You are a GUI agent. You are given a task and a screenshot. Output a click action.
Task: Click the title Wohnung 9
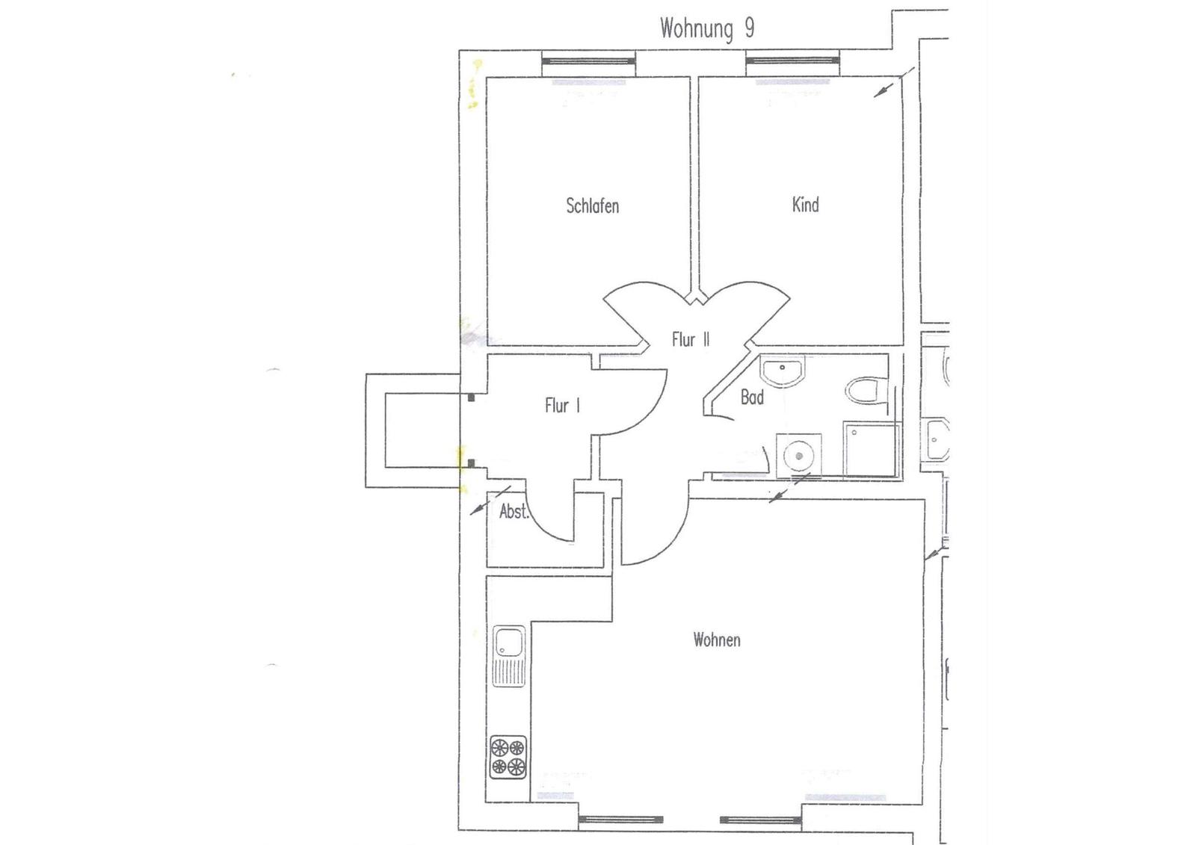click(707, 28)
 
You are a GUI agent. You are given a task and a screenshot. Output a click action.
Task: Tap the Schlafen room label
click(593, 206)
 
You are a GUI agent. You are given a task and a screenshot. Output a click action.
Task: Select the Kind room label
click(805, 205)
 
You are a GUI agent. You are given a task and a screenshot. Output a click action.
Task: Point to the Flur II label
click(691, 339)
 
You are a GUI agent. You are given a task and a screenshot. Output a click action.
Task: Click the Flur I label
click(562, 406)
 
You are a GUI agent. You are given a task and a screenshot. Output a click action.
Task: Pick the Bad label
click(752, 397)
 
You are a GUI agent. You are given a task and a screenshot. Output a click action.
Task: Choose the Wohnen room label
click(717, 640)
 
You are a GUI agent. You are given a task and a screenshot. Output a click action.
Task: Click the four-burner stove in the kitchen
click(508, 757)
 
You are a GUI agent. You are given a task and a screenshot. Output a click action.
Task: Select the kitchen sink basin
click(508, 641)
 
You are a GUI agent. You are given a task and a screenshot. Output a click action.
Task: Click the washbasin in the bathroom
click(782, 371)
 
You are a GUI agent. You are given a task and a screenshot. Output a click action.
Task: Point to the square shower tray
click(870, 448)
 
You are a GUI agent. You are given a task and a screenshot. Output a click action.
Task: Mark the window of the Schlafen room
click(588, 60)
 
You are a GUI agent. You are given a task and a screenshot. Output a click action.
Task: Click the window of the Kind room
click(792, 60)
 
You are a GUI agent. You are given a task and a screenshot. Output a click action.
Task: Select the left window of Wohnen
click(620, 820)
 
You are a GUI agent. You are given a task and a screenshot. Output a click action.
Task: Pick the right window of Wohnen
click(760, 820)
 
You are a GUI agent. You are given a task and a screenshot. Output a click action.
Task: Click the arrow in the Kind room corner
click(894, 82)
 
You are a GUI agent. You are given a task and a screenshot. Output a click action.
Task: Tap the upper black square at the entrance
click(472, 397)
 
